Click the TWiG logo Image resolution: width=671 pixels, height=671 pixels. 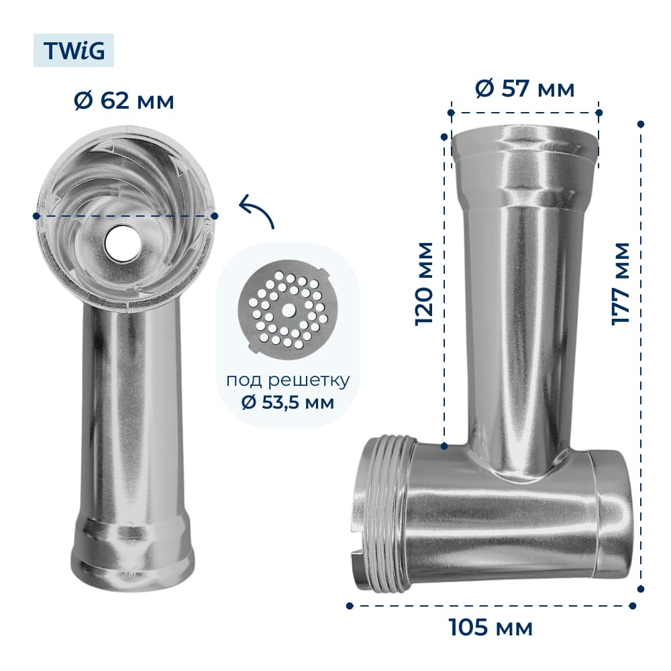(x=74, y=50)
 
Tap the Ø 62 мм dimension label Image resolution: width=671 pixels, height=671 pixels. (x=124, y=101)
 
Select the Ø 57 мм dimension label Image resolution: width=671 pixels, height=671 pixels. (x=525, y=89)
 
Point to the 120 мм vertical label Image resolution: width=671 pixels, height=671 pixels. (x=424, y=284)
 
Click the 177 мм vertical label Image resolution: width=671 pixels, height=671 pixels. (x=621, y=284)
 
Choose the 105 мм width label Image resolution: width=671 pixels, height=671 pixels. (x=491, y=628)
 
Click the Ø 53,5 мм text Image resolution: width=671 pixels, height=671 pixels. (x=288, y=402)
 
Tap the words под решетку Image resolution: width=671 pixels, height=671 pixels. (x=288, y=380)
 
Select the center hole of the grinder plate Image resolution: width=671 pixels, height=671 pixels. (x=288, y=309)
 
